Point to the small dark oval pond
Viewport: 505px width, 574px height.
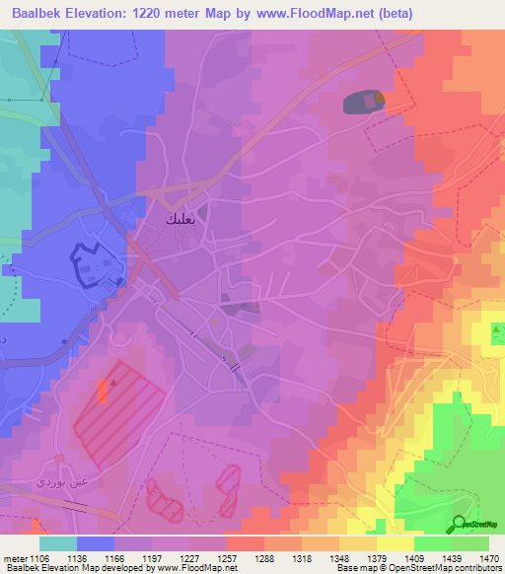click(362, 102)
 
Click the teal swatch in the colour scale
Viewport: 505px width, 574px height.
click(57, 543)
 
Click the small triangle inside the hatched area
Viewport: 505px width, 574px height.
click(114, 385)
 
